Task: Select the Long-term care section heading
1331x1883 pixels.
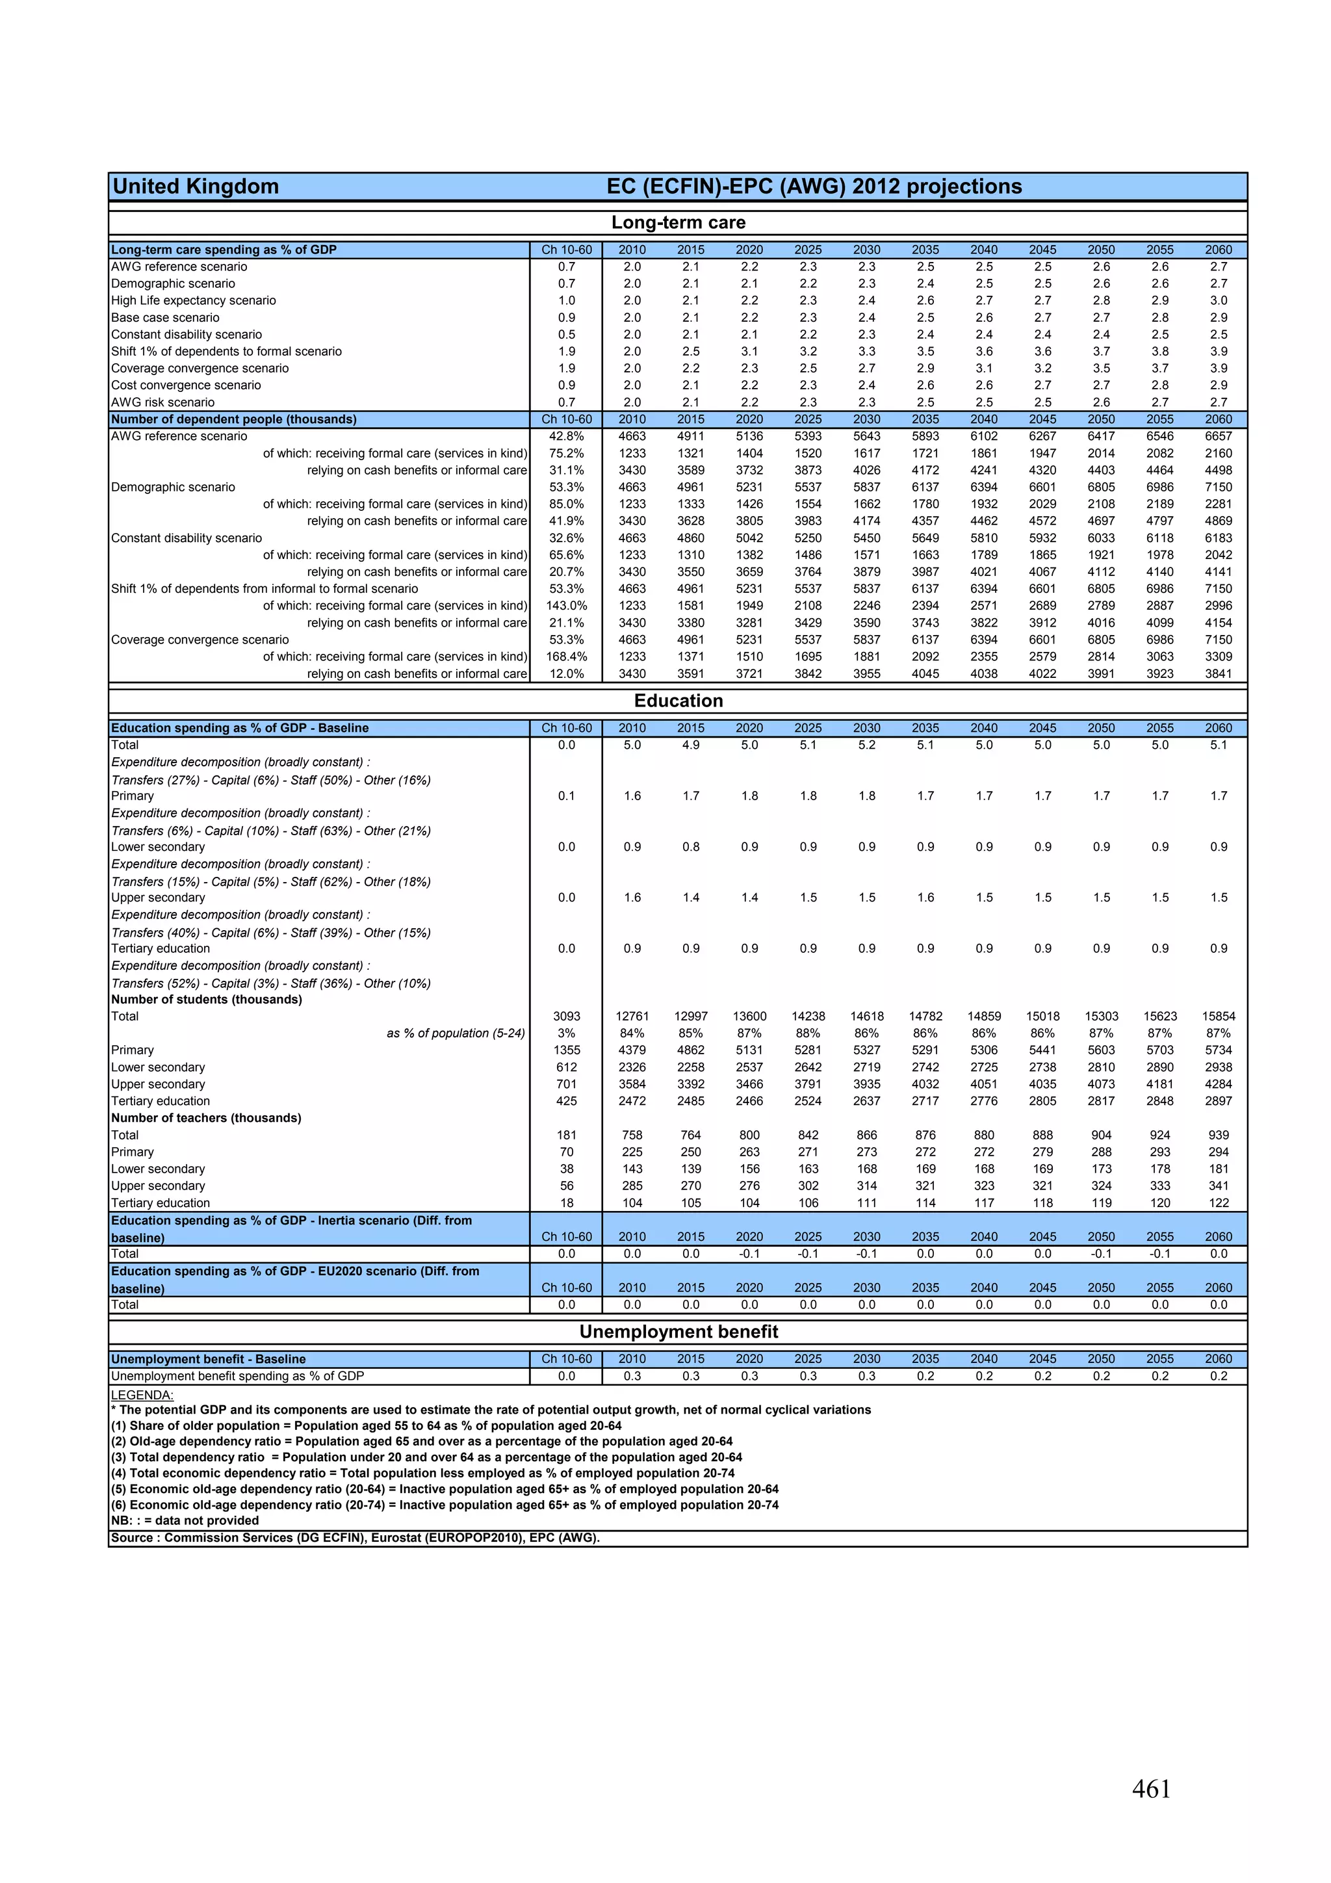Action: click(678, 222)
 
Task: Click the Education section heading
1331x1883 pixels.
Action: click(678, 701)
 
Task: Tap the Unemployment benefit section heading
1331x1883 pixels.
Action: click(678, 1331)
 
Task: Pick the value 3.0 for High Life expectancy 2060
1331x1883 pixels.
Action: click(1219, 300)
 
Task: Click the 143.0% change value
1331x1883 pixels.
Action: click(567, 605)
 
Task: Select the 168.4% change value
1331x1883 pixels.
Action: click(567, 656)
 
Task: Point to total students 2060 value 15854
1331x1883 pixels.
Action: click(1219, 1016)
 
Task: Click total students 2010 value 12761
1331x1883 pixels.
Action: click(632, 1016)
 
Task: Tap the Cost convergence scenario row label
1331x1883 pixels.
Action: click(186, 385)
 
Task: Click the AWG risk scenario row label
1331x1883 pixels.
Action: click(163, 402)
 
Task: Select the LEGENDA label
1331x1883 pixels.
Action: click(142, 1395)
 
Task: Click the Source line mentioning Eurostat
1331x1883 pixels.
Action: click(355, 1538)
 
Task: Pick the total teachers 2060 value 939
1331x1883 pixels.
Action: click(1219, 1135)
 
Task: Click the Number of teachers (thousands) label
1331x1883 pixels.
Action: click(207, 1118)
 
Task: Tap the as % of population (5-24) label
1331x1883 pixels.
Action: click(456, 1033)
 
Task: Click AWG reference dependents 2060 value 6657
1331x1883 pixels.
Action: click(1219, 436)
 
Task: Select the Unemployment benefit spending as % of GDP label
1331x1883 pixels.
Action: click(238, 1376)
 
